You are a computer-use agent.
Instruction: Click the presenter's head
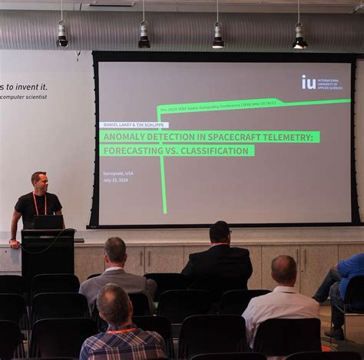[38, 181]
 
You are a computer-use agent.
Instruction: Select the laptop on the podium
[48, 222]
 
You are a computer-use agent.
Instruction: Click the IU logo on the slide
[309, 81]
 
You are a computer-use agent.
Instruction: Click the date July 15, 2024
[115, 181]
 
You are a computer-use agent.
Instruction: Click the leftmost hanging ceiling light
[61, 35]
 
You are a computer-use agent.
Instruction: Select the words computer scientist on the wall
[24, 97]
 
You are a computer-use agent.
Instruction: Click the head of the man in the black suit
[220, 233]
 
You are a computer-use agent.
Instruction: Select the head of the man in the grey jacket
[115, 250]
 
